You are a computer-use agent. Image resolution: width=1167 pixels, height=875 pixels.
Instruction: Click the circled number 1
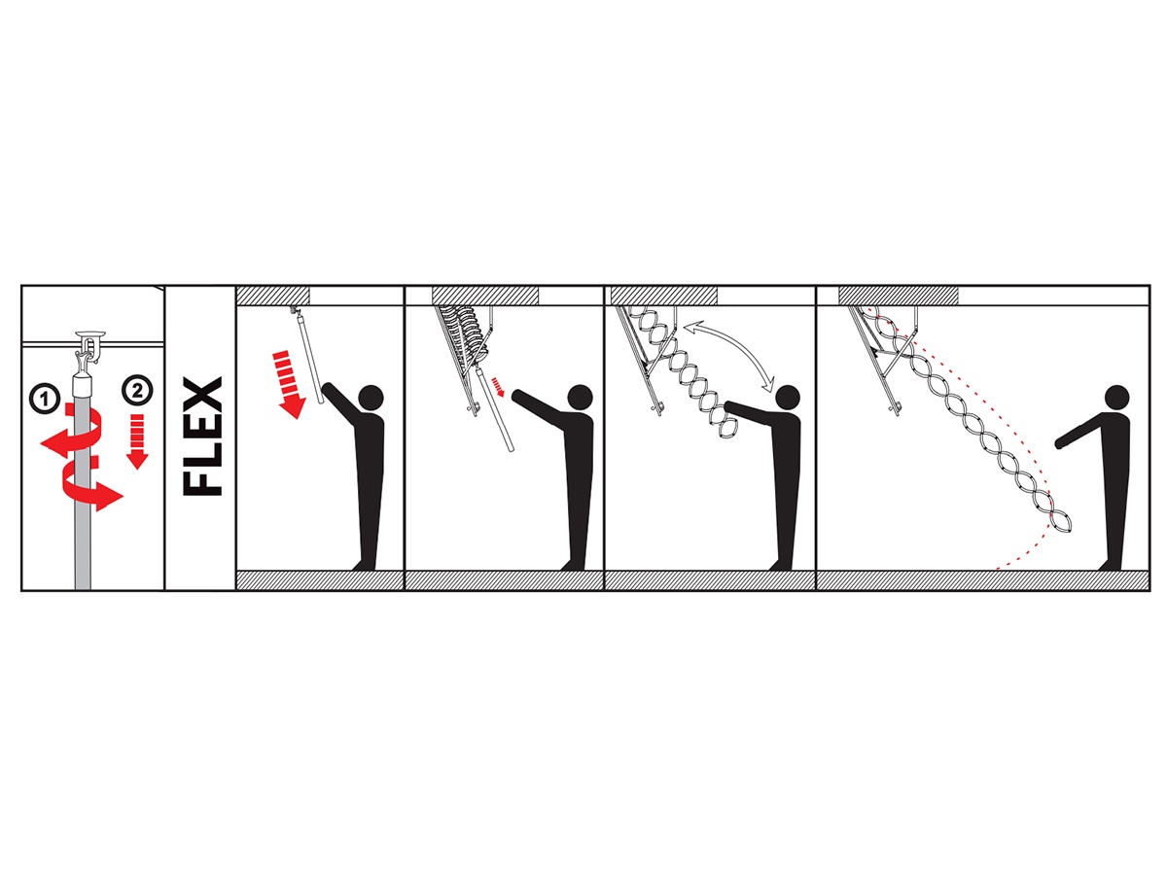pyautogui.click(x=45, y=399)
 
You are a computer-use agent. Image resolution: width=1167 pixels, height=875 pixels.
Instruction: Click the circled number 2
pyautogui.click(x=137, y=391)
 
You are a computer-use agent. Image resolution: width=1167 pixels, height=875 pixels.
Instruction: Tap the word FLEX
pyautogui.click(x=202, y=437)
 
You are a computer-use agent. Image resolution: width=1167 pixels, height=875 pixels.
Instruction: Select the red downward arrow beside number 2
pyautogui.click(x=137, y=441)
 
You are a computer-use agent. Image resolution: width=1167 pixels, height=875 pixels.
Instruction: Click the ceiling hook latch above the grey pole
pyautogui.click(x=89, y=345)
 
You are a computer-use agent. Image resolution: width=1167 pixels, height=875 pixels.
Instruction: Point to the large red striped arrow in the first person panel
pyautogui.click(x=288, y=384)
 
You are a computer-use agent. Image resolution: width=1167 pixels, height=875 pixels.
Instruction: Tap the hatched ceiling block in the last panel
pyautogui.click(x=899, y=296)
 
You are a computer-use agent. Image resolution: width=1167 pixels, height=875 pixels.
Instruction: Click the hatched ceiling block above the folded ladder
pyautogui.click(x=485, y=296)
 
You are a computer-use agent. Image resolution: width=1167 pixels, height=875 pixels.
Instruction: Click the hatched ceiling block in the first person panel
pyautogui.click(x=272, y=296)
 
